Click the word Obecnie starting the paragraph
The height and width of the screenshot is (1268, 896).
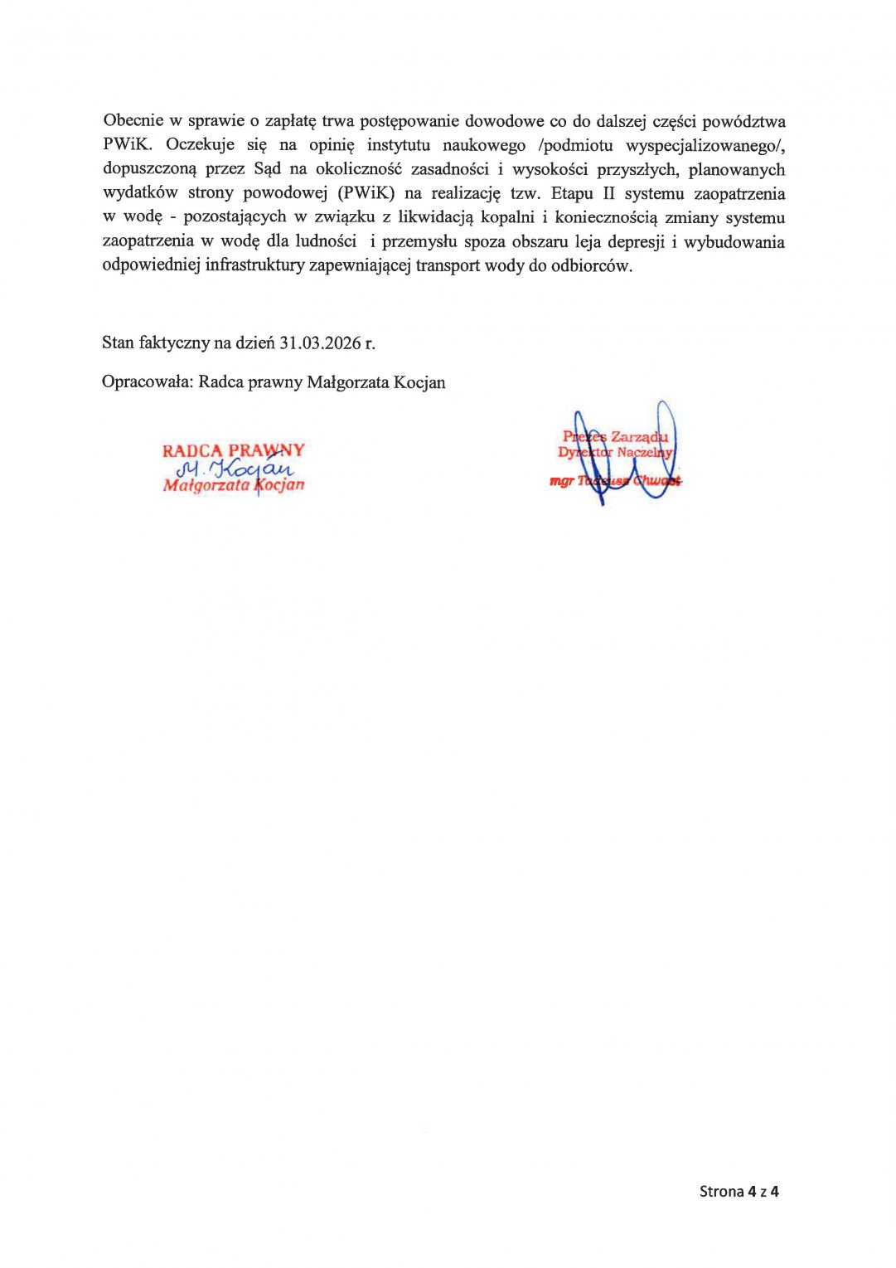[133, 121]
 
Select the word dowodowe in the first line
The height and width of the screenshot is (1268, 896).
[504, 121]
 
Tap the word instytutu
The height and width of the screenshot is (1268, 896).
[399, 145]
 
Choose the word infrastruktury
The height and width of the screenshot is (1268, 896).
[254, 265]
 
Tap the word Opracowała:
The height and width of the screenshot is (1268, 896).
[148, 381]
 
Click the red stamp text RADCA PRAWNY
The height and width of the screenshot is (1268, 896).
[234, 450]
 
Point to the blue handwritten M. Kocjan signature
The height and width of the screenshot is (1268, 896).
[234, 469]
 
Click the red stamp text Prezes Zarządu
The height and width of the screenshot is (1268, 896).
[615, 436]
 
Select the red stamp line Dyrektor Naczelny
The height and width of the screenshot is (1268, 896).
[615, 452]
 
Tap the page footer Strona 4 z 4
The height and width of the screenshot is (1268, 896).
[739, 1192]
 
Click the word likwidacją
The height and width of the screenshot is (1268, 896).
[435, 217]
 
